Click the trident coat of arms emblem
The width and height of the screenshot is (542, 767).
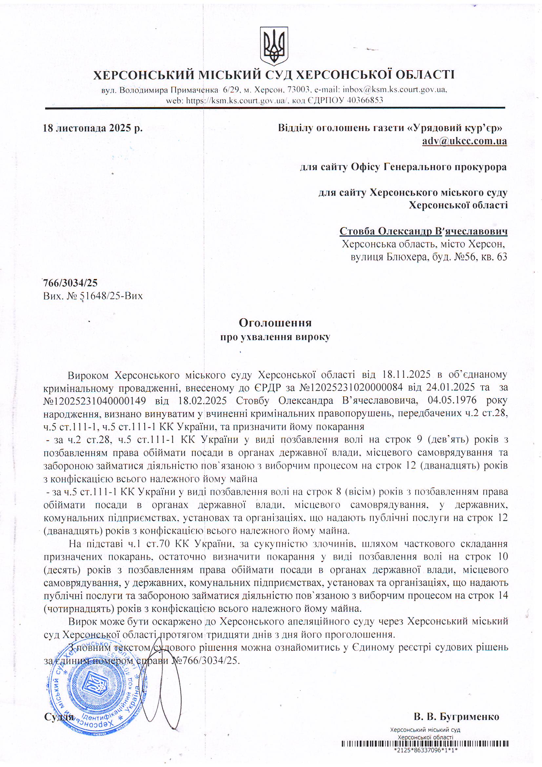pyautogui.click(x=274, y=46)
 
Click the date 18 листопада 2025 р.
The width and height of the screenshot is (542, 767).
pyautogui.click(x=93, y=128)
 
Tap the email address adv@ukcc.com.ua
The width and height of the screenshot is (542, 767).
pyautogui.click(x=464, y=141)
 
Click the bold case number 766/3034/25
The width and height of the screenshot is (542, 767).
pyautogui.click(x=70, y=283)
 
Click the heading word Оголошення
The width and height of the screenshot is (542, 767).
pyautogui.click(x=275, y=323)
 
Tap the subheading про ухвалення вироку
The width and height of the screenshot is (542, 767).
pyautogui.click(x=275, y=337)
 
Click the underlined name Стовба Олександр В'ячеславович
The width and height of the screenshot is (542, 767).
pyautogui.click(x=423, y=231)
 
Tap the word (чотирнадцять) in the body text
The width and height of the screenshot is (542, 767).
pyautogui.click(x=78, y=608)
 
